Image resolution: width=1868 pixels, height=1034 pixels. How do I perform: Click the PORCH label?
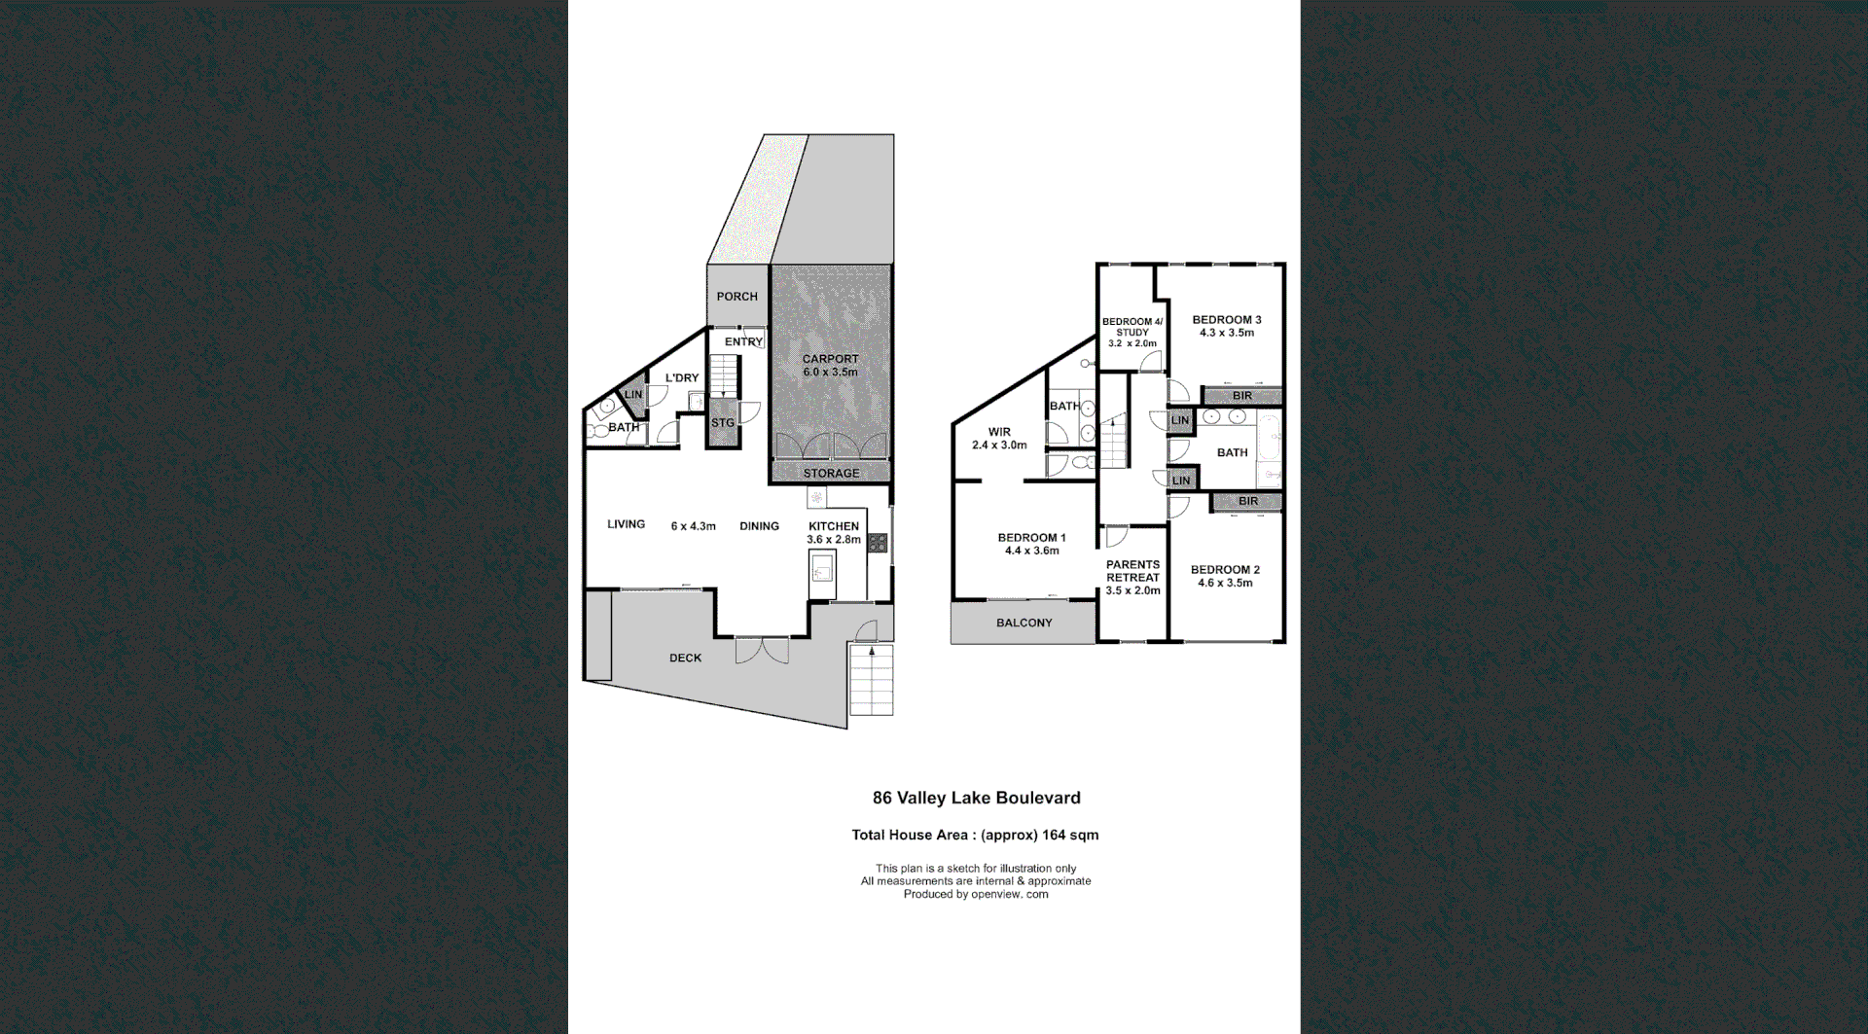(x=736, y=297)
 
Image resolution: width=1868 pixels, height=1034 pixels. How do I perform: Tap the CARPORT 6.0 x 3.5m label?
(x=830, y=365)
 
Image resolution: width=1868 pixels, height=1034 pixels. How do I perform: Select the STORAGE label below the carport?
(x=831, y=474)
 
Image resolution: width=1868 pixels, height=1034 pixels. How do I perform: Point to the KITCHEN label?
(x=834, y=526)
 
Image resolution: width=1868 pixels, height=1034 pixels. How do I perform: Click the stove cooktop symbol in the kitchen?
(x=878, y=543)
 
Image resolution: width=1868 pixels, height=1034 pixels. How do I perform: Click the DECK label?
(x=685, y=659)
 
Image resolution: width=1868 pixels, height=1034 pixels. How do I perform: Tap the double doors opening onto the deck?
(x=762, y=650)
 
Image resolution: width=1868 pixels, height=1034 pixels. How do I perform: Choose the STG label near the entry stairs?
(x=722, y=423)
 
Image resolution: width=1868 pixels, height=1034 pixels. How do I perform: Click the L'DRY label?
(x=681, y=378)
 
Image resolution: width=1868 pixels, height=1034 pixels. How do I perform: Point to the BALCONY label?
(x=1024, y=623)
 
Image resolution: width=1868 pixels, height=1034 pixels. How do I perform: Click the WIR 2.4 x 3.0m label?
(x=999, y=439)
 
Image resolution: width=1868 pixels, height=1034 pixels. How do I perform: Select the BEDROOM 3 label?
(x=1226, y=320)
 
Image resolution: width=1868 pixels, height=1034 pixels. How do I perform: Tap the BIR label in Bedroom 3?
(x=1242, y=396)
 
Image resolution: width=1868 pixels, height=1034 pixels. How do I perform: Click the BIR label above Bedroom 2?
(x=1248, y=502)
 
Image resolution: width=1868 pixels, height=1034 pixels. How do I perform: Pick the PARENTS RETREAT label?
(x=1132, y=571)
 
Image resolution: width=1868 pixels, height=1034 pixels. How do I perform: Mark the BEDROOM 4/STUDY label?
(x=1132, y=327)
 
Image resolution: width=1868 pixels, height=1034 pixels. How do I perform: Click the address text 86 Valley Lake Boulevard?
(x=976, y=798)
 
